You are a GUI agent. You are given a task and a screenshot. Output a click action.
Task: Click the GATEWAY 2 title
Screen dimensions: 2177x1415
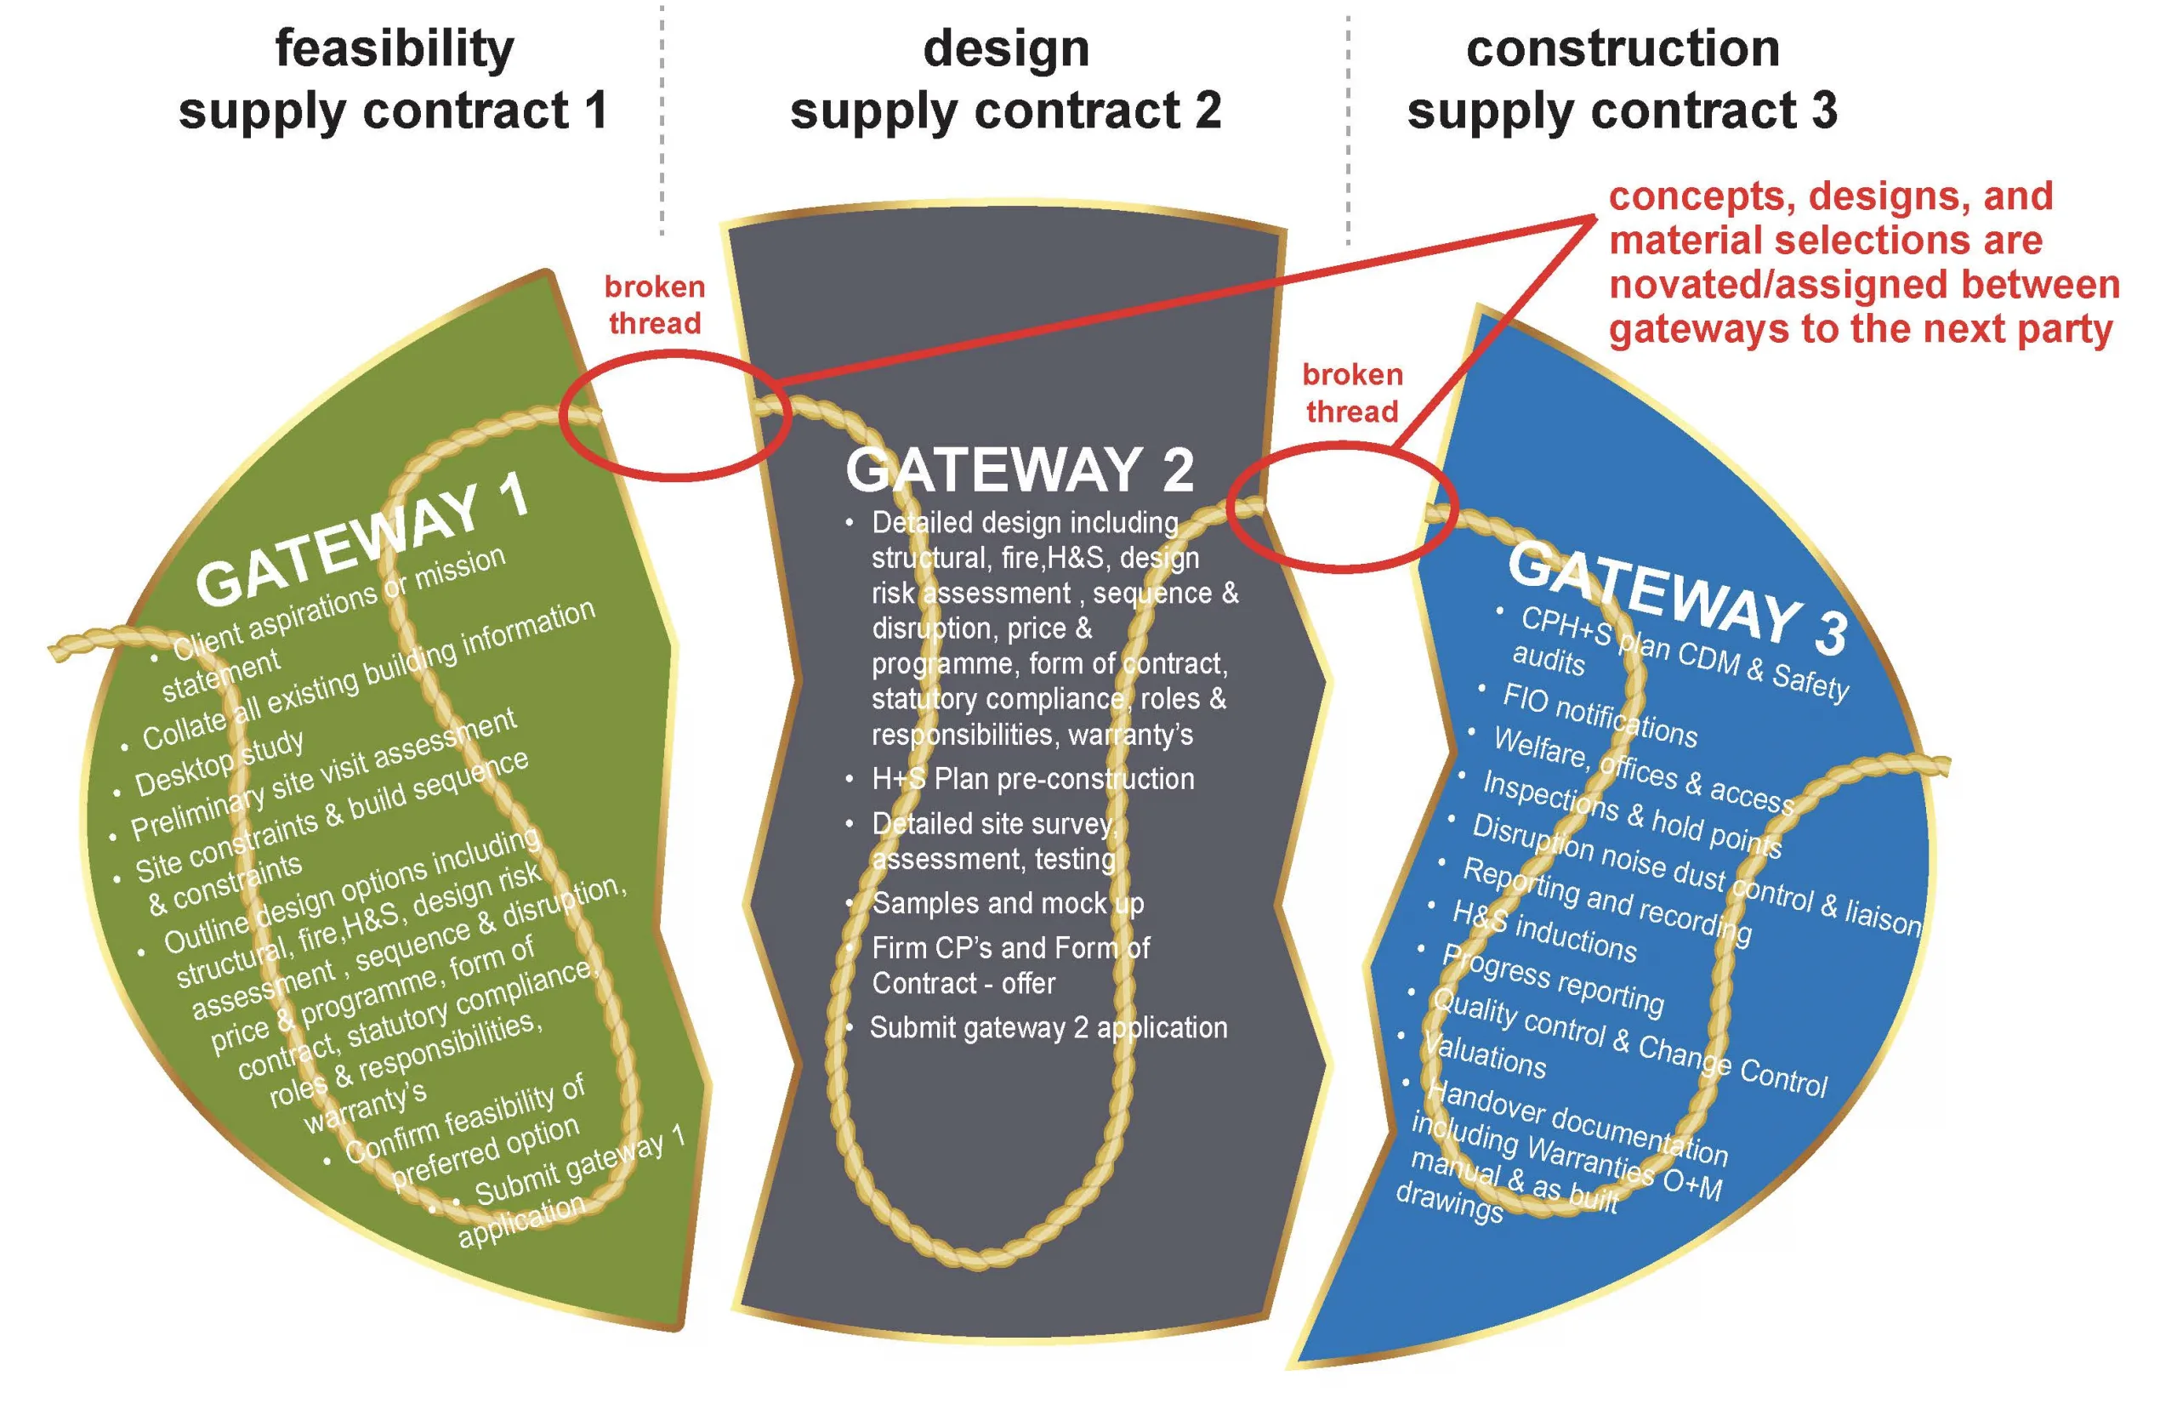[1020, 469]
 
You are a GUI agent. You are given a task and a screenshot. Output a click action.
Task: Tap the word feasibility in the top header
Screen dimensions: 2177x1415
[395, 49]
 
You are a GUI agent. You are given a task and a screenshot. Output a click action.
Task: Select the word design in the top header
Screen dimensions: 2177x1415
[1006, 48]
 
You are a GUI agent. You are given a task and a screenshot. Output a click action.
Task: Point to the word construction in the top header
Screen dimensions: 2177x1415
[1623, 48]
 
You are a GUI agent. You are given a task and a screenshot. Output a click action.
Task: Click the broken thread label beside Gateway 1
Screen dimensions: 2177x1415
[655, 304]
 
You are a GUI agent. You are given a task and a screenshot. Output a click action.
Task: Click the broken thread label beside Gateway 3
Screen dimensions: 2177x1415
[1352, 392]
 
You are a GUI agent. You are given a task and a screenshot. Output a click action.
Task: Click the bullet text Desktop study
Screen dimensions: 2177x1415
[219, 764]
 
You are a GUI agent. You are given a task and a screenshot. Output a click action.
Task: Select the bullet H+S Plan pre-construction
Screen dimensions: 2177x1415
[1032, 778]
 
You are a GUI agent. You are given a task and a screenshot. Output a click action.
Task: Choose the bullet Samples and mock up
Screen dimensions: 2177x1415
[1007, 904]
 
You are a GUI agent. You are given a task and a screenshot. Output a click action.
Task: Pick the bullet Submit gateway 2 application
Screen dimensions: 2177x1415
[1049, 1028]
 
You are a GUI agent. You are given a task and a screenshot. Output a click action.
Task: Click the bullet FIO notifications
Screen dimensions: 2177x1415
[1600, 715]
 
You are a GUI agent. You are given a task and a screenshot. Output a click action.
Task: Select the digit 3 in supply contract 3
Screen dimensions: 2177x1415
[1824, 110]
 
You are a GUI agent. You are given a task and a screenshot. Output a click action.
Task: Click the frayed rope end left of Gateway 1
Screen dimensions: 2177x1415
[58, 651]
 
